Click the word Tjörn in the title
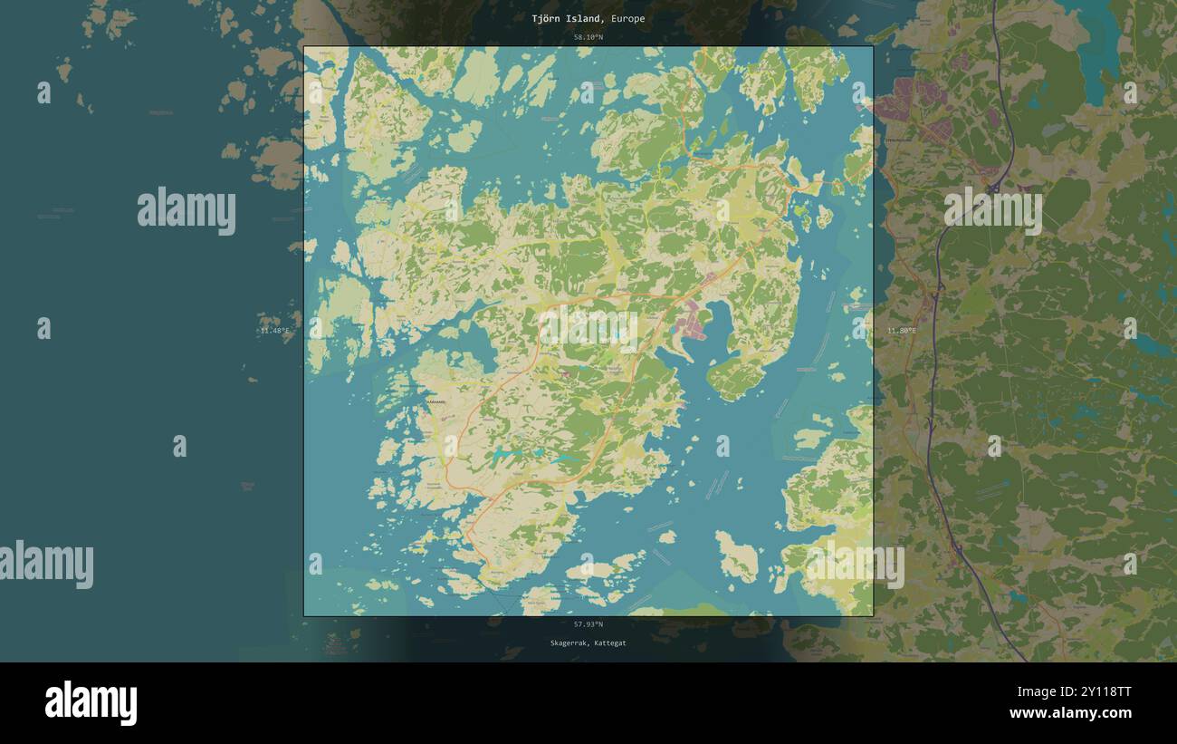click(x=547, y=18)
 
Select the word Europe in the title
click(x=627, y=18)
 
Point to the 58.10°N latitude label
click(x=588, y=37)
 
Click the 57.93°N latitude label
click(x=588, y=624)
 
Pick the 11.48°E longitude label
click(x=274, y=331)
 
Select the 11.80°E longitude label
click(x=902, y=331)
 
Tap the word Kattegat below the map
click(x=609, y=643)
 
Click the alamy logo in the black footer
click(x=91, y=703)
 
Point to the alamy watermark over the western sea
click(x=187, y=211)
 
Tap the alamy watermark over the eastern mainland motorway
click(x=992, y=210)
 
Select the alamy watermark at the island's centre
click(x=588, y=327)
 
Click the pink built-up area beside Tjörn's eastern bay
click(x=694, y=323)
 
